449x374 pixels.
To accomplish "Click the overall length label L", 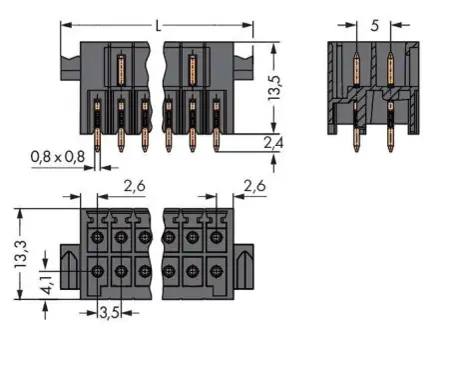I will (x=158, y=23).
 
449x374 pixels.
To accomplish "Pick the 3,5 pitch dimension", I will (x=109, y=313).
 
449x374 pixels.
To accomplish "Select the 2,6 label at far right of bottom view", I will (x=253, y=186).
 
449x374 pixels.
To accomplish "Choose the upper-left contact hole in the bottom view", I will (x=98, y=237).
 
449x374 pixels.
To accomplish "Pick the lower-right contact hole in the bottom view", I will (x=215, y=270).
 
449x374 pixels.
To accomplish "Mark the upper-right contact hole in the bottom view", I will (x=215, y=237).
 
